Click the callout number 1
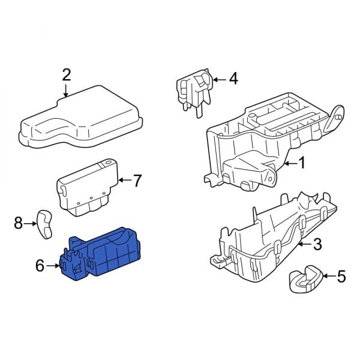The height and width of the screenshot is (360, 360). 302,162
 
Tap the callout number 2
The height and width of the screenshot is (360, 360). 67,75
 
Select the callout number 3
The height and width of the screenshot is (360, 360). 317,244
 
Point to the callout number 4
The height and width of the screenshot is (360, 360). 233,78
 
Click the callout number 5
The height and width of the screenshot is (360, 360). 341,277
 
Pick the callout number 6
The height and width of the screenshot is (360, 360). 40,265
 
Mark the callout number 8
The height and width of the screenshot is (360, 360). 18,223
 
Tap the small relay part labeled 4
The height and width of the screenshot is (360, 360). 193,89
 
